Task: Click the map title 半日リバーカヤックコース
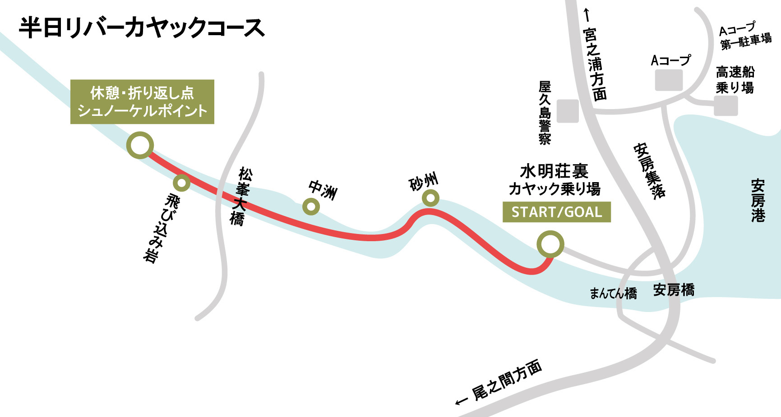coord(142,28)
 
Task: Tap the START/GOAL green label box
coord(557,212)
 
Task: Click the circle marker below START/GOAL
coord(550,244)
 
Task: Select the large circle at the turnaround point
coord(140,145)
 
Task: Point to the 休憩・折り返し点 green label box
coord(142,102)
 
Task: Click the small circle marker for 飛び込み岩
coord(181,183)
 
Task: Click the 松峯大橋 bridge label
coord(239,196)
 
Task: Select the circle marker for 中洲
coord(311,207)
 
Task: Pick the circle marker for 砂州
coord(431,197)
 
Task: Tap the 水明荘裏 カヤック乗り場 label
coord(555,180)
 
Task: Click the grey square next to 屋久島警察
coord(568,111)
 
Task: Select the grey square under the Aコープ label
coord(669,80)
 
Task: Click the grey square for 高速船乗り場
coord(726,106)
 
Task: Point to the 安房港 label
coord(758,201)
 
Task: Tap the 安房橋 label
coord(674,290)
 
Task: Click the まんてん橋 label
coord(613,293)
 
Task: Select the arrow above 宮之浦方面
coord(587,15)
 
